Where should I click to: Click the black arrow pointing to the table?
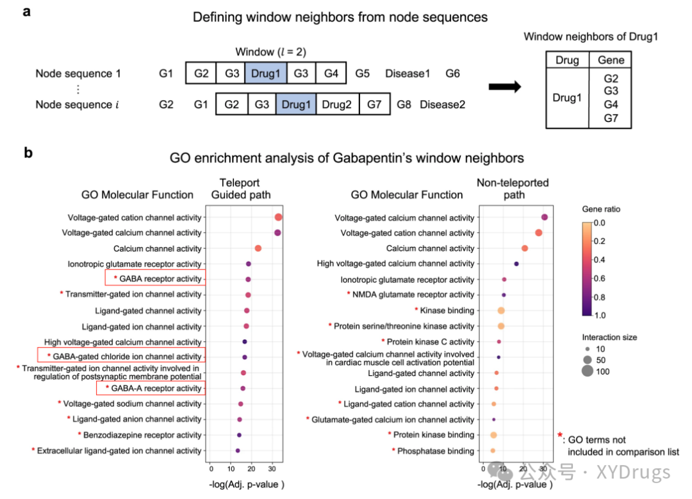[505, 86]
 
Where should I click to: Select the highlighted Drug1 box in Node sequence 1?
[266, 73]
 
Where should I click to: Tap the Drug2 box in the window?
[337, 104]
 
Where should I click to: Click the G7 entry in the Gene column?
[611, 118]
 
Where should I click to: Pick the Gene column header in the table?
[611, 60]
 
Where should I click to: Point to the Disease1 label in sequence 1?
[408, 73]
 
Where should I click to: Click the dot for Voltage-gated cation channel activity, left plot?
[279, 217]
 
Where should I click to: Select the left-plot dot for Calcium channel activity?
[258, 248]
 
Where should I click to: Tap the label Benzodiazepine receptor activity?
[142, 435]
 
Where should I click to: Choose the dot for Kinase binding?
[501, 310]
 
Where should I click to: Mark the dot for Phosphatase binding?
[493, 450]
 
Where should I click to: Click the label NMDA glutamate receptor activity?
[413, 294]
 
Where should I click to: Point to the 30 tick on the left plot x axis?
[272, 468]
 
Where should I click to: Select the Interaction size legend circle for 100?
[588, 371]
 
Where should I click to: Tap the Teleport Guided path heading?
[240, 189]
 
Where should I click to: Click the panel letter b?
[28, 153]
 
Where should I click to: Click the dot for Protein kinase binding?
[493, 435]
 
